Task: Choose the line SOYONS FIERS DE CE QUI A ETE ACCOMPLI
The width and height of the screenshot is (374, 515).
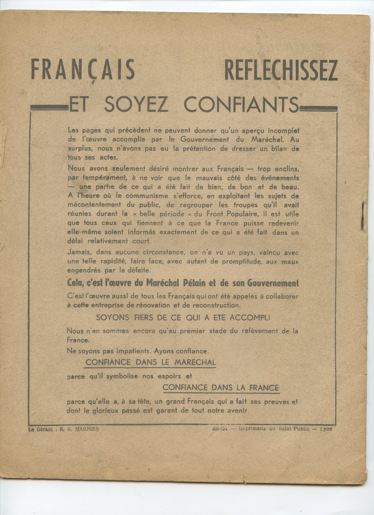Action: click(182, 318)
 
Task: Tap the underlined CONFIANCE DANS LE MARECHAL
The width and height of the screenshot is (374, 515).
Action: click(150, 362)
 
